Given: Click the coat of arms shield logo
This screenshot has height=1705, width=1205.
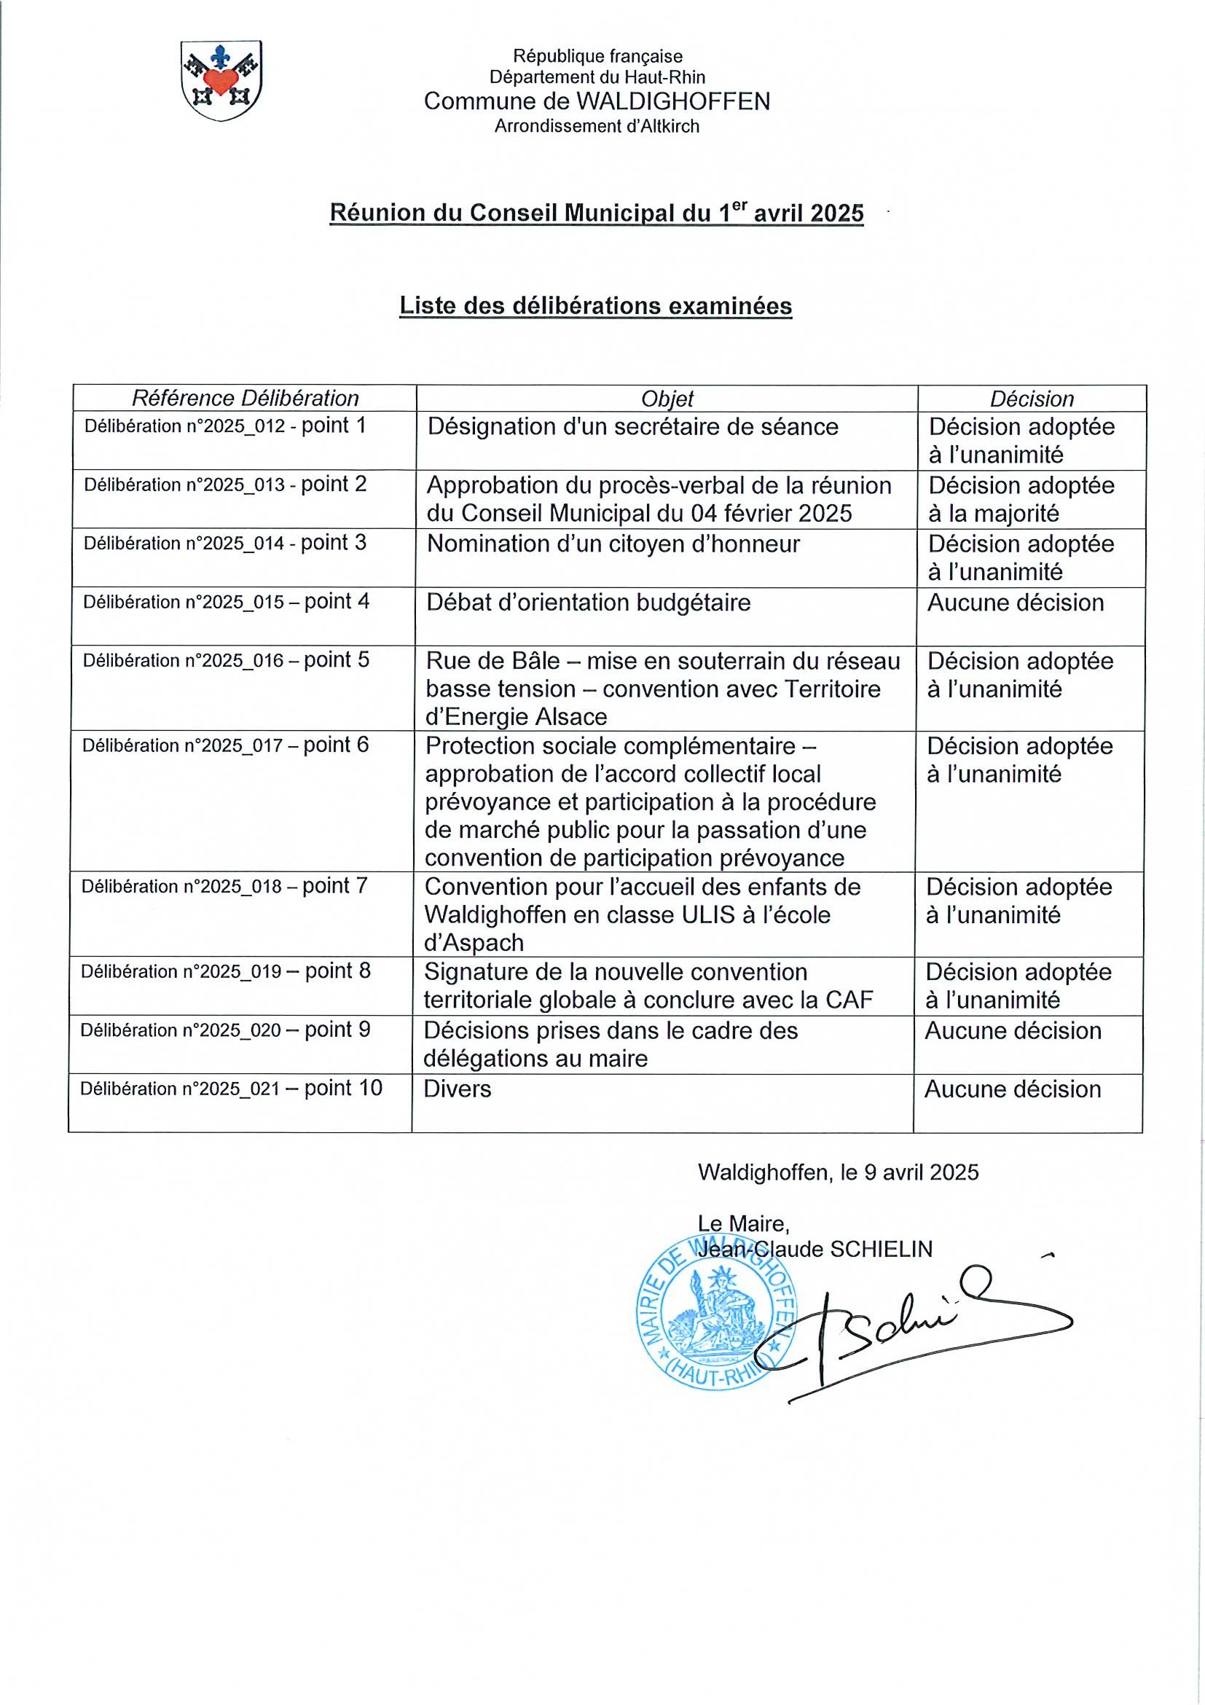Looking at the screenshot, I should tap(221, 81).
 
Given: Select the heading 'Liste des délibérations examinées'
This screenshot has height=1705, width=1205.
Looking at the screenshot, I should tap(595, 306).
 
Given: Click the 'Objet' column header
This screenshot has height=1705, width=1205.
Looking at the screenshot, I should tap(667, 399).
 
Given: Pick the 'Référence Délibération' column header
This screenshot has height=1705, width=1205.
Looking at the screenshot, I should tap(245, 399).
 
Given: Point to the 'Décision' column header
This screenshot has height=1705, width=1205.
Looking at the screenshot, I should tap(1032, 399).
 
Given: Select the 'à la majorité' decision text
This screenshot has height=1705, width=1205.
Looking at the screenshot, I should tap(994, 513).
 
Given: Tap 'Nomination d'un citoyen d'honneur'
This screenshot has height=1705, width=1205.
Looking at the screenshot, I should tap(613, 544).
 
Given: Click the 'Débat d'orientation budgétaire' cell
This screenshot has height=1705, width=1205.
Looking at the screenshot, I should tap(588, 603).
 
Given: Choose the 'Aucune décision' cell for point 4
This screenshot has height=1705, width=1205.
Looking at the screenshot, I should tap(1015, 603).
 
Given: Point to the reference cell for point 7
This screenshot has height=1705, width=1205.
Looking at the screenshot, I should tap(224, 886).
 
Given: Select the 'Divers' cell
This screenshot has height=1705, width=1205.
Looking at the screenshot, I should tap(458, 1089).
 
